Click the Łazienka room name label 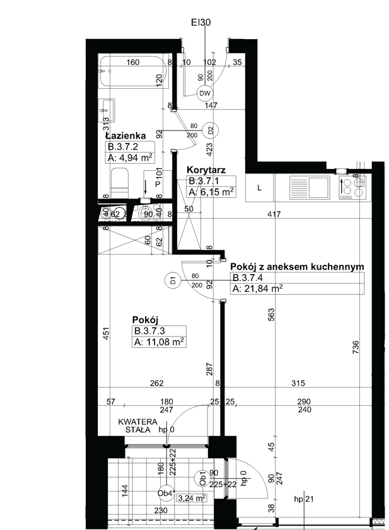pyautogui.click(x=125, y=136)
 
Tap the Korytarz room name pyautogui.click(x=206, y=170)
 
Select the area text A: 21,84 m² pyautogui.click(x=258, y=289)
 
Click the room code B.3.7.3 pyautogui.click(x=149, y=331)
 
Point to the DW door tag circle pyautogui.click(x=205, y=94)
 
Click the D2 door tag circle pyautogui.click(x=211, y=130)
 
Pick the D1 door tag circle pyautogui.click(x=173, y=280)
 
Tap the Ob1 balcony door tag pyautogui.click(x=202, y=478)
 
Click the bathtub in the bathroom pyautogui.click(x=134, y=71)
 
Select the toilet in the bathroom pyautogui.click(x=120, y=183)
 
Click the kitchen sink pyautogui.click(x=310, y=188)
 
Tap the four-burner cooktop pyautogui.click(x=352, y=188)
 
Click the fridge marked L pyautogui.click(x=260, y=188)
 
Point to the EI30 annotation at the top pyautogui.click(x=201, y=22)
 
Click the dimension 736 pyautogui.click(x=356, y=347)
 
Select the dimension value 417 pyautogui.click(x=274, y=214)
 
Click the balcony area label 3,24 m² pyautogui.click(x=192, y=498)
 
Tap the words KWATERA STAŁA pyautogui.click(x=137, y=426)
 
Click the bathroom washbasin pyautogui.click(x=107, y=110)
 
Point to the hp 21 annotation pyautogui.click(x=304, y=499)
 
